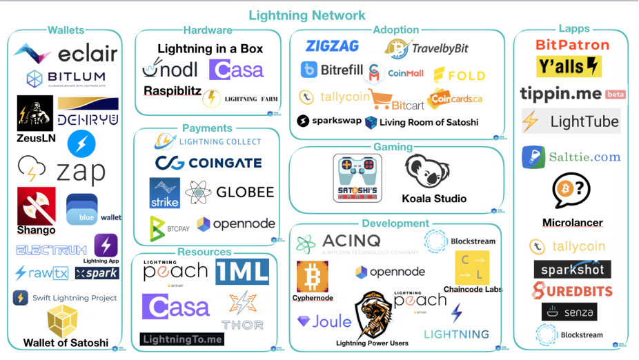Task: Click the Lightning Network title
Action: (x=307, y=15)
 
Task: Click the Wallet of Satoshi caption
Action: (x=66, y=343)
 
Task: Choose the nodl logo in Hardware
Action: (x=169, y=69)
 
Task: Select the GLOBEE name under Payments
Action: (x=245, y=192)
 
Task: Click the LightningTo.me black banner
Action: (x=182, y=339)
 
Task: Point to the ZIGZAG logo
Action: (x=333, y=46)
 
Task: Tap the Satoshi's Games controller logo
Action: (x=357, y=178)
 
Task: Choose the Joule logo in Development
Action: (x=324, y=321)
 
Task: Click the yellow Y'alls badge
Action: (x=569, y=67)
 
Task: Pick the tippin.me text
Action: (x=561, y=94)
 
